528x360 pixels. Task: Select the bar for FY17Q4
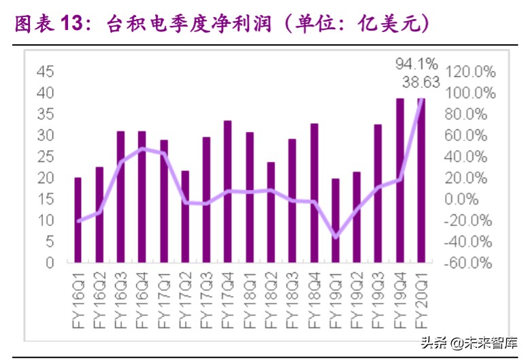coord(228,191)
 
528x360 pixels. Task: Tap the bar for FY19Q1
coord(335,220)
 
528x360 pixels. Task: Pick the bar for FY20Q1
coord(421,180)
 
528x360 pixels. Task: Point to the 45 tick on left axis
coord(45,71)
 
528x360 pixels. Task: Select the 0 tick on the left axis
coord(50,263)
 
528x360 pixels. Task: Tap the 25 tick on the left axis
coord(45,157)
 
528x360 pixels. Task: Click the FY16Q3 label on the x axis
coord(120,293)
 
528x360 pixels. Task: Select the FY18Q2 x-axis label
coord(271,293)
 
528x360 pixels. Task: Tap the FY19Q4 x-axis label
coord(399,293)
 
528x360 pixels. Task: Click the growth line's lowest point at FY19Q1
coord(335,237)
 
